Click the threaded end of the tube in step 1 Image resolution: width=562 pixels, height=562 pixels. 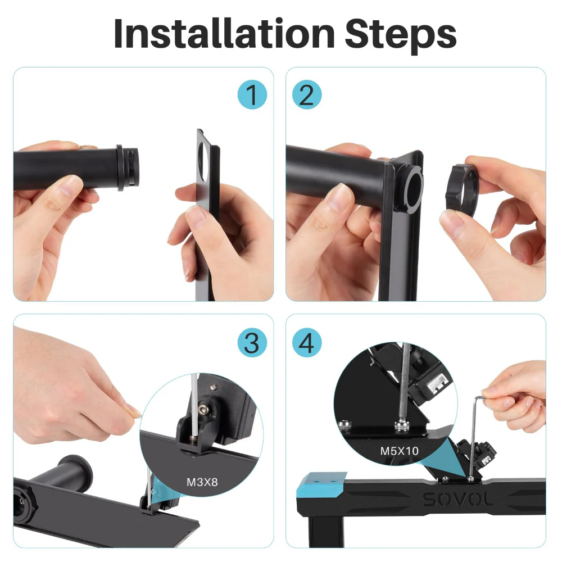[130, 166]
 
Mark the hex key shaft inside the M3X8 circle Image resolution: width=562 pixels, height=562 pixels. [194, 405]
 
